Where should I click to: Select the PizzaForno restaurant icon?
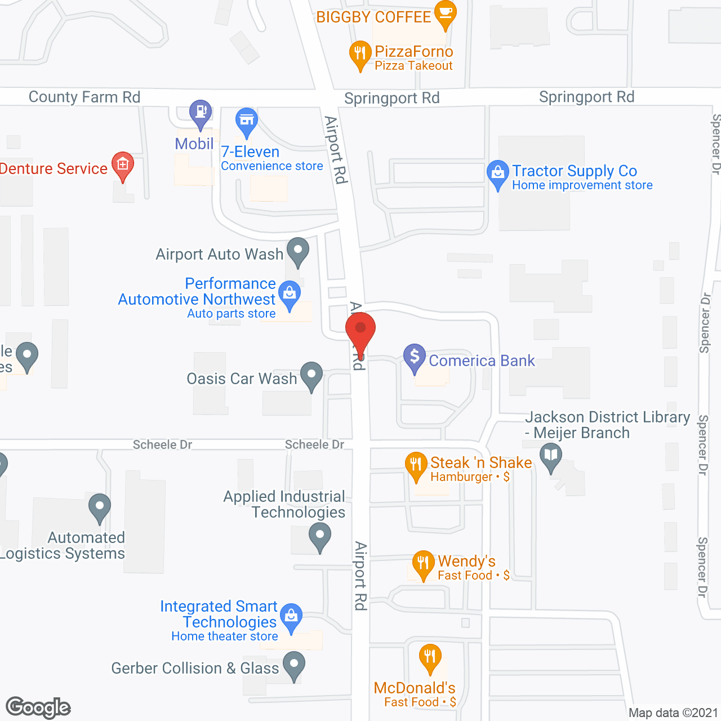(360, 54)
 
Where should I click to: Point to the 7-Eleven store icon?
(246, 121)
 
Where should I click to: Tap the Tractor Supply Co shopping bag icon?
(498, 173)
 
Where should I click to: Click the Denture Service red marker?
(122, 165)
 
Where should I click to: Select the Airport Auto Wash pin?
(298, 251)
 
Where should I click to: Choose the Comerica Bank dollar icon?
(415, 357)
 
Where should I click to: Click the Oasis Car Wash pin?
(311, 375)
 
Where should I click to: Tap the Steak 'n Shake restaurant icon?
(416, 465)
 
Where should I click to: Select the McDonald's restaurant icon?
(430, 657)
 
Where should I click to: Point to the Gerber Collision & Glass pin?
(293, 664)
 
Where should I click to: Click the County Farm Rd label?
(84, 97)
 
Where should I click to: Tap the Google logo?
(38, 707)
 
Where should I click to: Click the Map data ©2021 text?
(673, 713)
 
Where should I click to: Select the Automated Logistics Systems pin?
(100, 506)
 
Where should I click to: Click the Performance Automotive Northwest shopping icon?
(290, 293)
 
